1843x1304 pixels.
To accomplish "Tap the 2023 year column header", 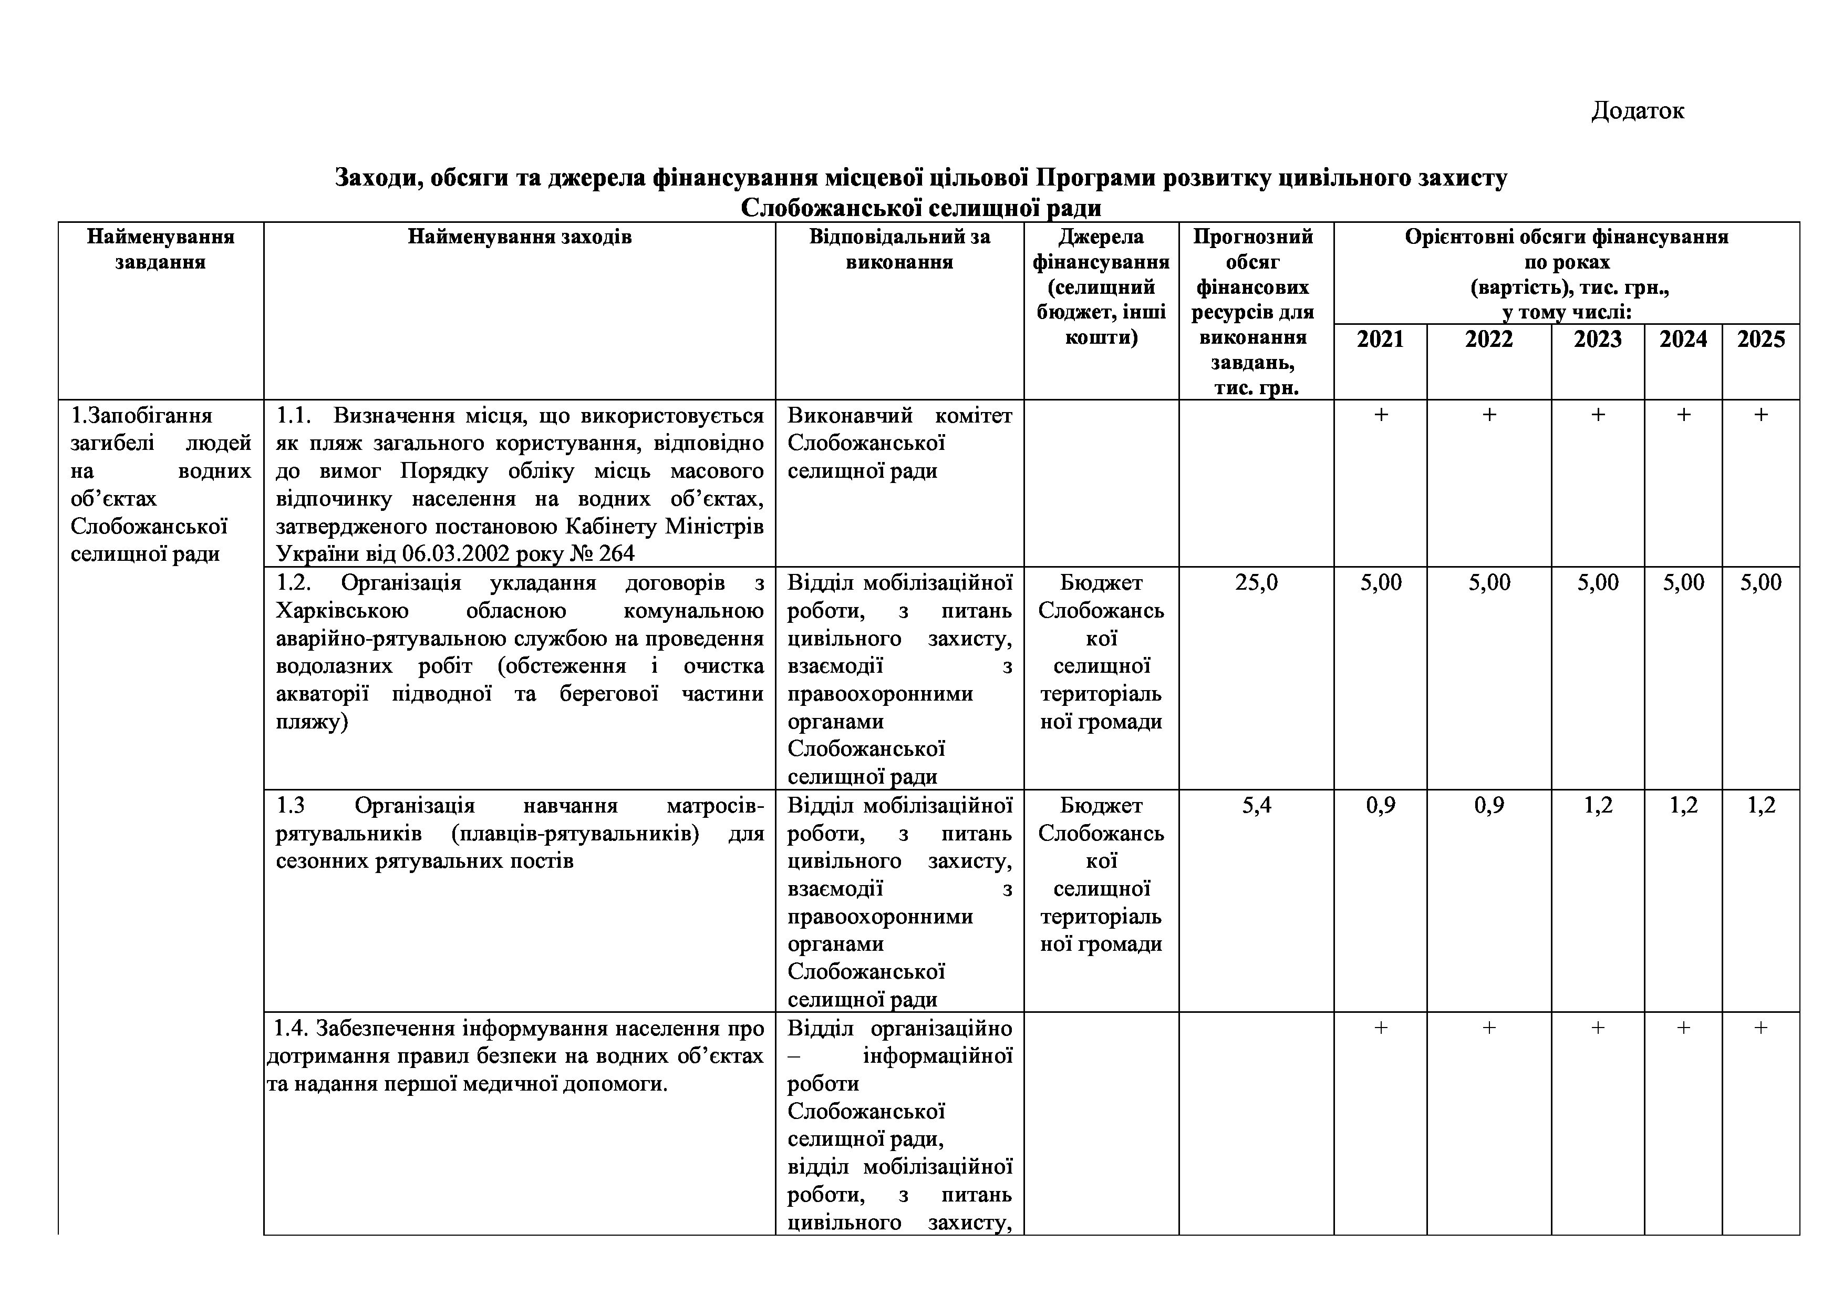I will pos(1597,340).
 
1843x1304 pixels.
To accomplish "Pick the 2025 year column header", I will pos(1761,340).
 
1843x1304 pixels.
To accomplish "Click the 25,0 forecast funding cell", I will pos(1256,583).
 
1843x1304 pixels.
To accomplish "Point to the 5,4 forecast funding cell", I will pos(1256,805).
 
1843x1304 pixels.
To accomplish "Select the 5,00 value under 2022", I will pos(1489,583).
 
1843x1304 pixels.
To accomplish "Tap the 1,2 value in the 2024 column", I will pos(1683,805).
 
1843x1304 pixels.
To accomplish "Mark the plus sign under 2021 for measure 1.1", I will pos(1381,415).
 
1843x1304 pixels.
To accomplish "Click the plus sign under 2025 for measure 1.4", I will pos(1761,1028).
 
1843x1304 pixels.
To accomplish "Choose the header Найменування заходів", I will pos(520,237).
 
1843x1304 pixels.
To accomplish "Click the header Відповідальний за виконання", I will pos(899,249).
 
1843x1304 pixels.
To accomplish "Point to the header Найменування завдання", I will pos(161,249).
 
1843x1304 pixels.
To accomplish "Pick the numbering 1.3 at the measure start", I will pos(290,805).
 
